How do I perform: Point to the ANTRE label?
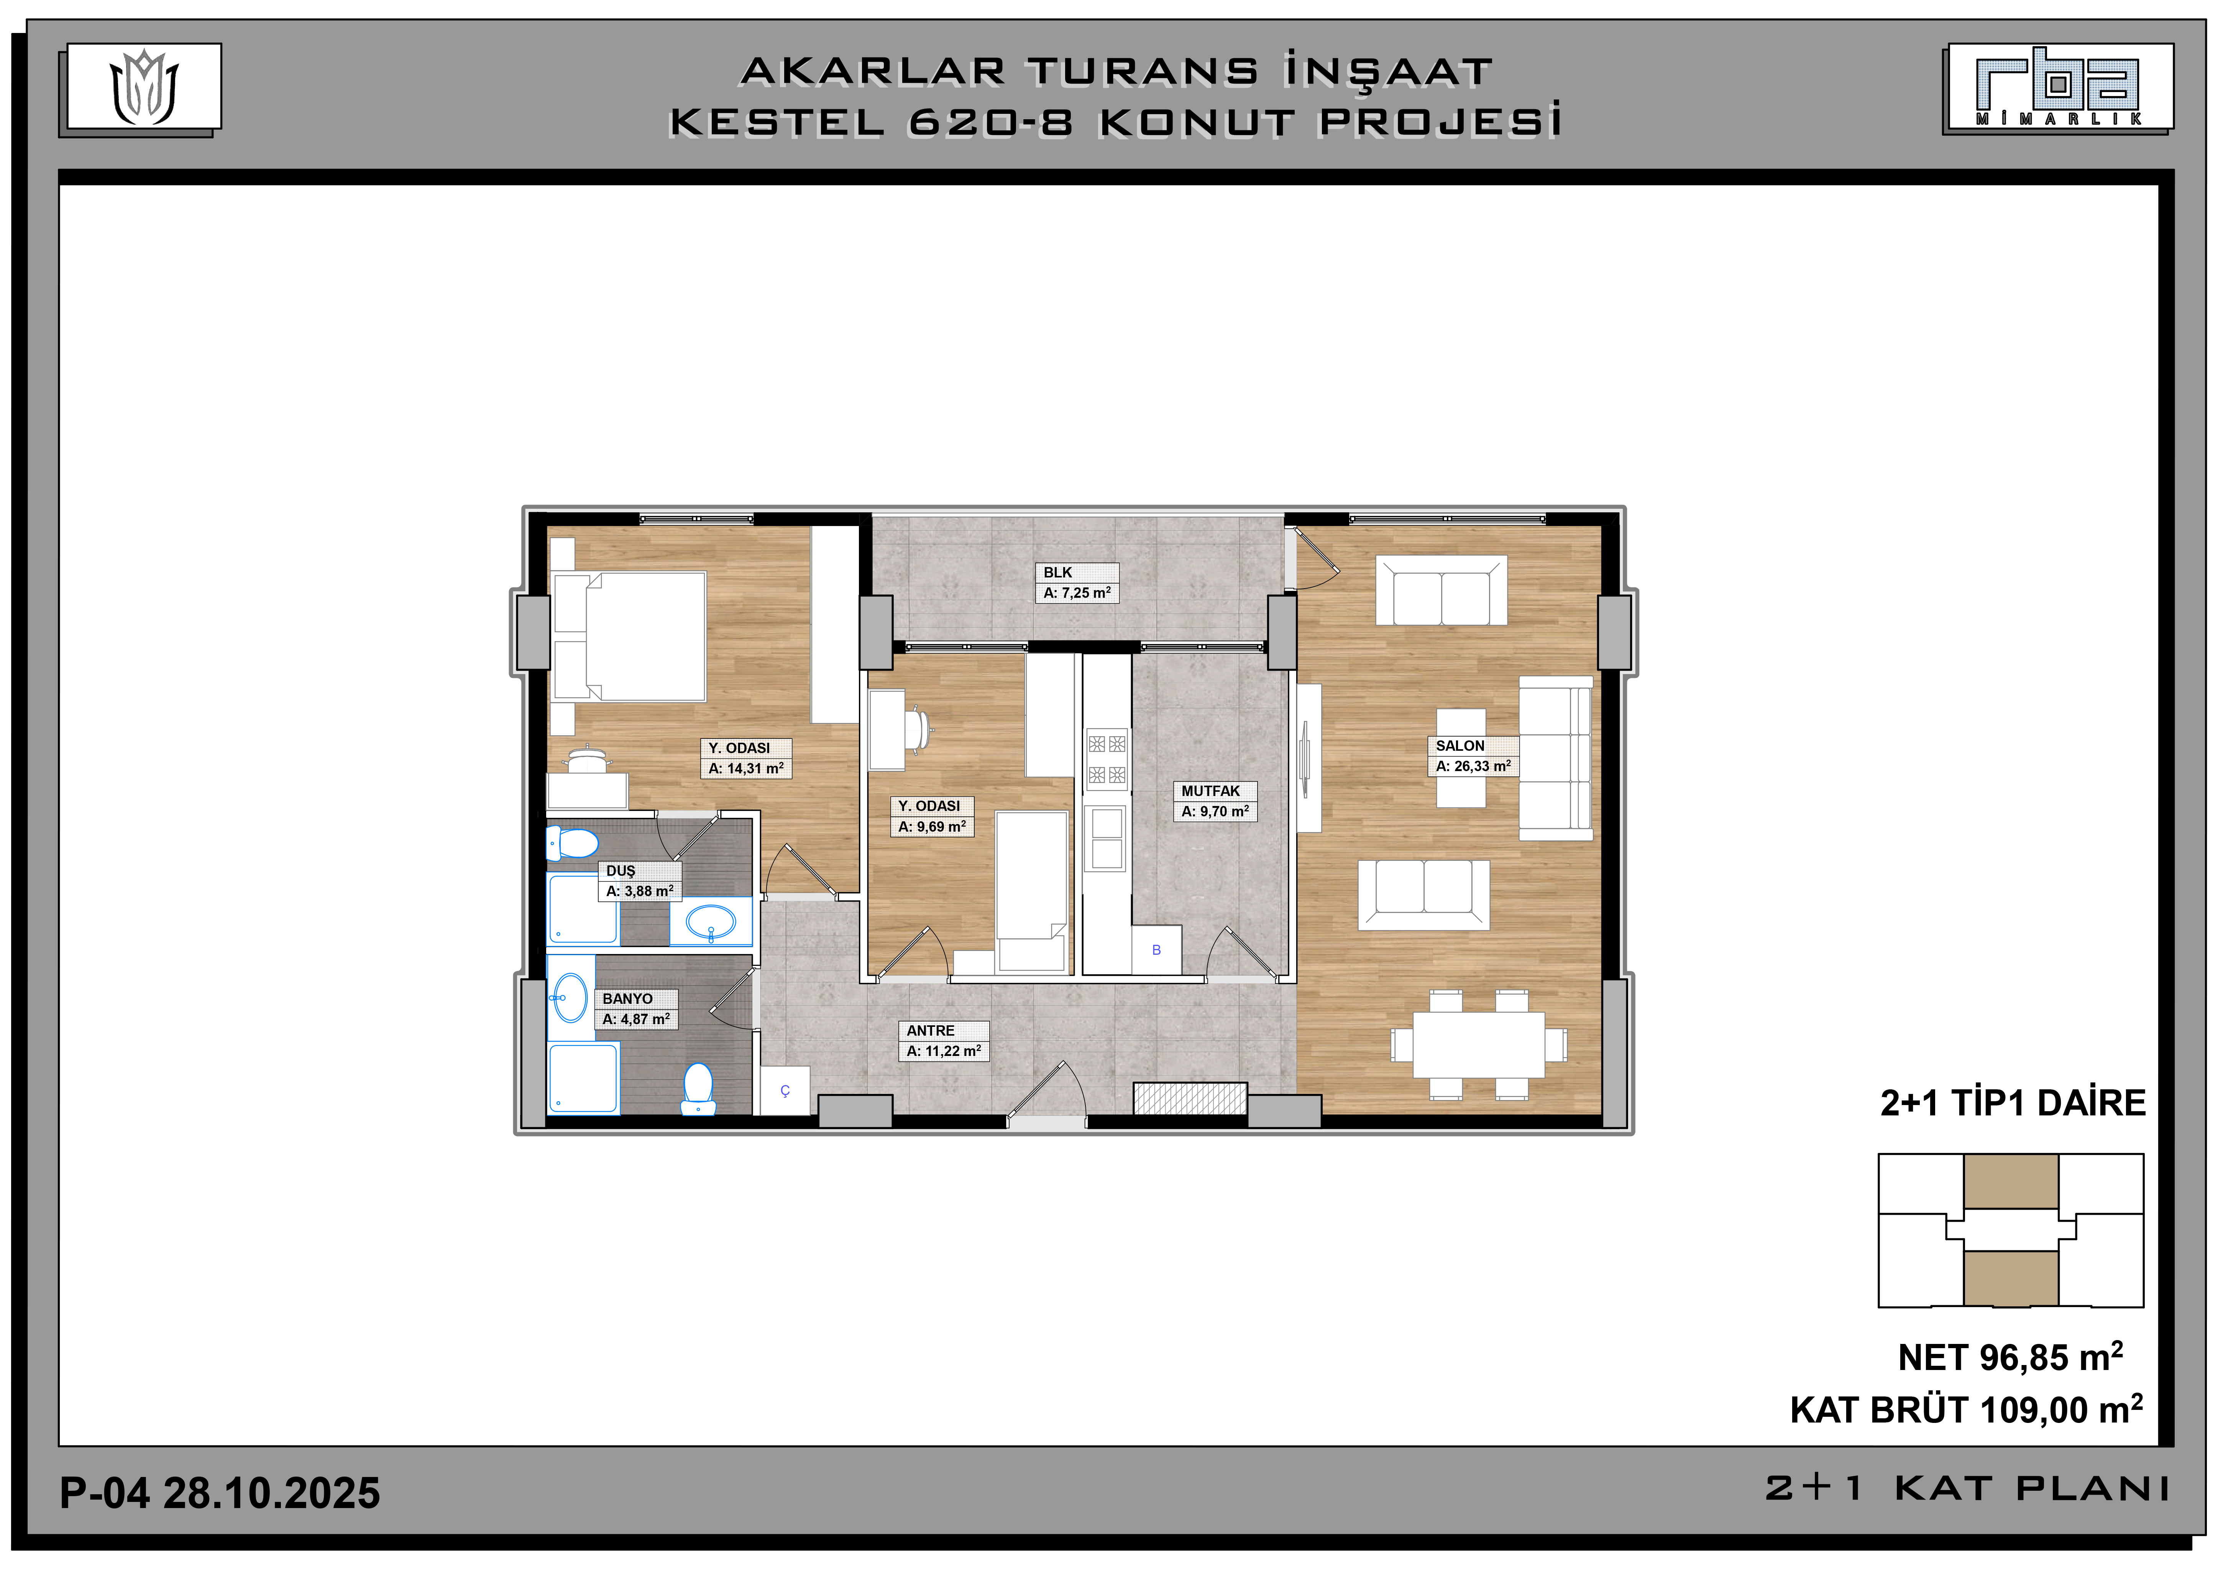[930, 1031]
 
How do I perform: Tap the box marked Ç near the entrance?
[785, 1091]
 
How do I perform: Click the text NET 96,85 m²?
[2009, 1357]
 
